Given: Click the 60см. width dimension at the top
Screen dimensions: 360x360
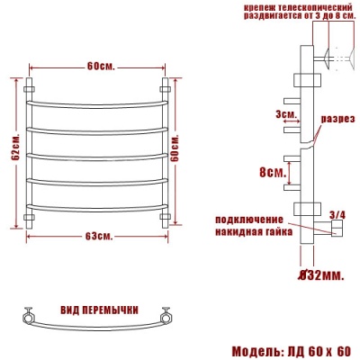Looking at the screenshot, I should [100, 67].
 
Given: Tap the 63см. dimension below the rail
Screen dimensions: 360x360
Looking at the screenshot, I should [99, 237].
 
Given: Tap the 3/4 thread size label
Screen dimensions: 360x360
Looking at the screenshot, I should [337, 214].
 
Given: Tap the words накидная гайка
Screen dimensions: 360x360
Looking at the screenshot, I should [254, 230].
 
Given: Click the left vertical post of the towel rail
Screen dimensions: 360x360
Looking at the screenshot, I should [31, 153].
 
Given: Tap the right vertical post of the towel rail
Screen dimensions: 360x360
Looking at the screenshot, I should [166, 153].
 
